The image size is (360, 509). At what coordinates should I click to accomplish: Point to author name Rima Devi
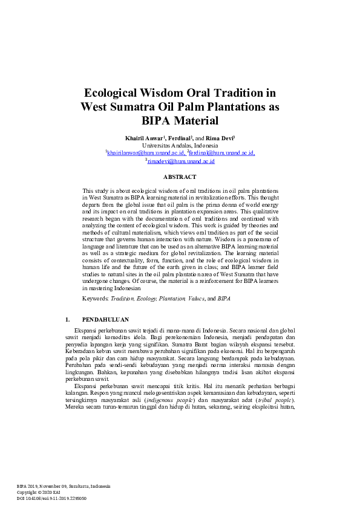point(221,138)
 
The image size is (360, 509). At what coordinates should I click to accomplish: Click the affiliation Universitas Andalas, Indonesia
point(180,146)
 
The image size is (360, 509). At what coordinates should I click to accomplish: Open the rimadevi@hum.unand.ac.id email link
point(182,161)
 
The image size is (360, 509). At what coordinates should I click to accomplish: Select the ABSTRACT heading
point(180,177)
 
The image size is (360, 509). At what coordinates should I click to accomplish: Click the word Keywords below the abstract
point(95,299)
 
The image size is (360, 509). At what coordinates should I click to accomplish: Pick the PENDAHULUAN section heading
point(105,320)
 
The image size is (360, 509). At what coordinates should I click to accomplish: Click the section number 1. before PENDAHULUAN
point(67,320)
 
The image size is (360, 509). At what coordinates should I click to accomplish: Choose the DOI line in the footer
point(52,498)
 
